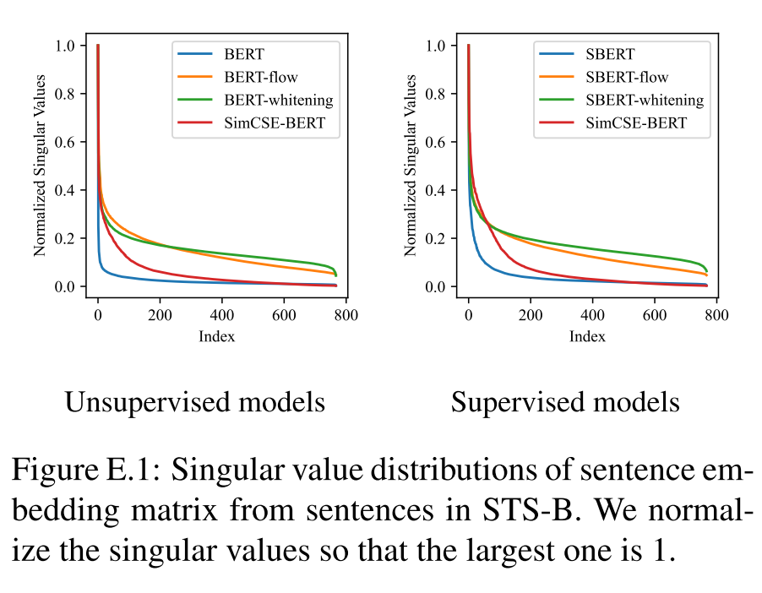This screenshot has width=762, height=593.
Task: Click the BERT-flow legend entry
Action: (254, 78)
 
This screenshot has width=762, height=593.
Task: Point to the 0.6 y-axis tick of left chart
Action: (70, 142)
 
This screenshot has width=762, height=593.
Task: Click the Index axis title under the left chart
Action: (216, 336)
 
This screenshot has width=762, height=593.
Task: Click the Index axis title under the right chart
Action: (587, 336)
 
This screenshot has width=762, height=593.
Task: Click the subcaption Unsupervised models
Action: (195, 402)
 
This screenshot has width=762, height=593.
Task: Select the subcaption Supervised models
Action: (565, 402)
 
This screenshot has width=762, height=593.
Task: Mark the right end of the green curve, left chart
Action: (336, 275)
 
